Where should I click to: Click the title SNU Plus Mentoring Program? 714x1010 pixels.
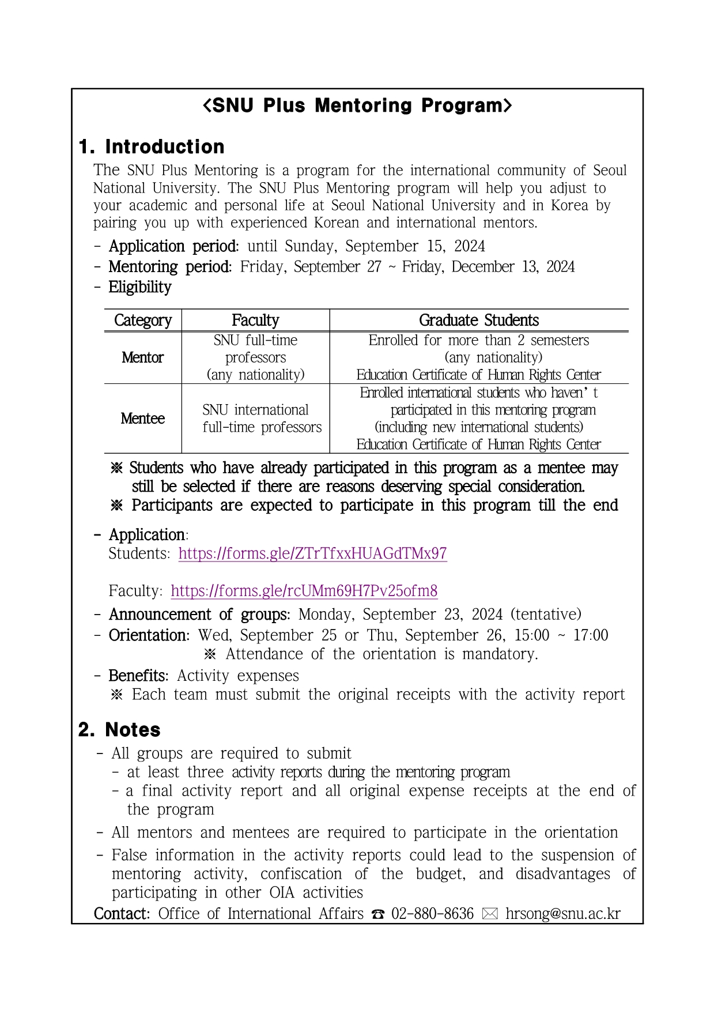tap(357, 105)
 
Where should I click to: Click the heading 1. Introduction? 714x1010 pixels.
tap(152, 147)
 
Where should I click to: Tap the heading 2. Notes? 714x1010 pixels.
tap(119, 730)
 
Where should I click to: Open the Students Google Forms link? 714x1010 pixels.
tap(312, 553)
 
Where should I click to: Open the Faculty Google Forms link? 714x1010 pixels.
tap(304, 591)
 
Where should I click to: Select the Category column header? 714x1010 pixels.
tap(143, 321)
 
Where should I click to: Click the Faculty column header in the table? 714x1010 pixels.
tap(255, 321)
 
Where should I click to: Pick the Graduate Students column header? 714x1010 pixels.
tap(478, 321)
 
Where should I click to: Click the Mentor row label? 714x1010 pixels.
tap(143, 358)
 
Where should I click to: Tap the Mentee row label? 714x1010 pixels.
tap(143, 419)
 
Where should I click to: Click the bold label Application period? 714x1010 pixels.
tap(173, 247)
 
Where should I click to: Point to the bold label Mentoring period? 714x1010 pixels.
tap(170, 267)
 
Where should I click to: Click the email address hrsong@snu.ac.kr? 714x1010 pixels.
tap(562, 914)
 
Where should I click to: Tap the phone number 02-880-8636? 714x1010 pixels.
tap(432, 914)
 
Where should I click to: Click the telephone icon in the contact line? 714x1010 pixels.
tap(378, 914)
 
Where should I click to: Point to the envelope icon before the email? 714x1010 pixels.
tap(489, 914)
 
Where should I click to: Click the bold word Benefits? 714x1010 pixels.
tap(138, 676)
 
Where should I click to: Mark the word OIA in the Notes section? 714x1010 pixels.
tap(282, 893)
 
